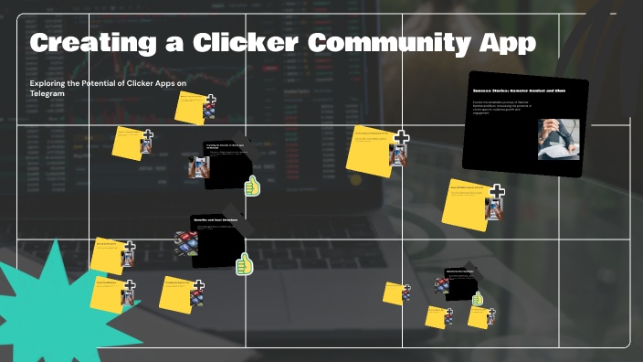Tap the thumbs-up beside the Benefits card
click(244, 264)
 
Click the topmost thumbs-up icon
click(253, 187)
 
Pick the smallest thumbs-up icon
click(477, 299)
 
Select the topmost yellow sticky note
click(193, 109)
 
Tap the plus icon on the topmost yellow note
click(211, 100)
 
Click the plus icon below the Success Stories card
click(497, 192)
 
